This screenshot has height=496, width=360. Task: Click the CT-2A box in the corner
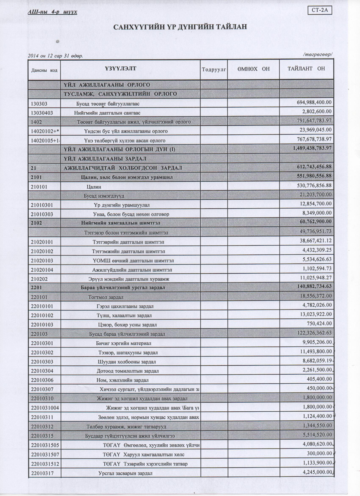point(320,10)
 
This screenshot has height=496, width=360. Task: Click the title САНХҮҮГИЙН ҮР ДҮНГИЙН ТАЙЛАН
point(180,27)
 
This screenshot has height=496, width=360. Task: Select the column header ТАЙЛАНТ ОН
point(306,69)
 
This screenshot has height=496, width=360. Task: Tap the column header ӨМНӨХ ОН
point(253,69)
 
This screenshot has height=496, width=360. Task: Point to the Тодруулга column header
point(214,69)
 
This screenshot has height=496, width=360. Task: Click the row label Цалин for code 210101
point(94,187)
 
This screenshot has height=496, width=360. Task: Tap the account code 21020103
point(42,261)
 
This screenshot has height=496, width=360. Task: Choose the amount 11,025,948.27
point(315,277)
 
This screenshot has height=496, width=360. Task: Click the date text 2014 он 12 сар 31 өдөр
point(55,56)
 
